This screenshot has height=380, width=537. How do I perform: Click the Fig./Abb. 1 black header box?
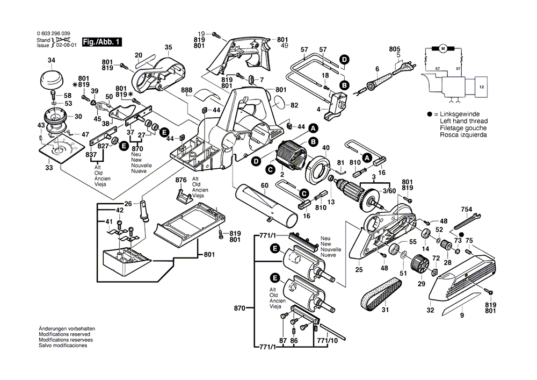(103, 42)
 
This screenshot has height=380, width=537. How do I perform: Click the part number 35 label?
(168, 48)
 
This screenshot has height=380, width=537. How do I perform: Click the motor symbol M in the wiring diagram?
(444, 49)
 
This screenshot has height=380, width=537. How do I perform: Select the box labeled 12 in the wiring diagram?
(481, 86)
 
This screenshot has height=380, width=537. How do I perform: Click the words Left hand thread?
(459, 122)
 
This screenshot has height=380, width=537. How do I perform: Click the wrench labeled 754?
(466, 219)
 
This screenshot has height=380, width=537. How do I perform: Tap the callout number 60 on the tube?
(264, 185)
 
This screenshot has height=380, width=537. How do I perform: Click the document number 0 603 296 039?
(54, 33)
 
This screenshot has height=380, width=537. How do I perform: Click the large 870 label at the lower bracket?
(240, 309)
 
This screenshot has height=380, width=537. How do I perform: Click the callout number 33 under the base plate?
(49, 168)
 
